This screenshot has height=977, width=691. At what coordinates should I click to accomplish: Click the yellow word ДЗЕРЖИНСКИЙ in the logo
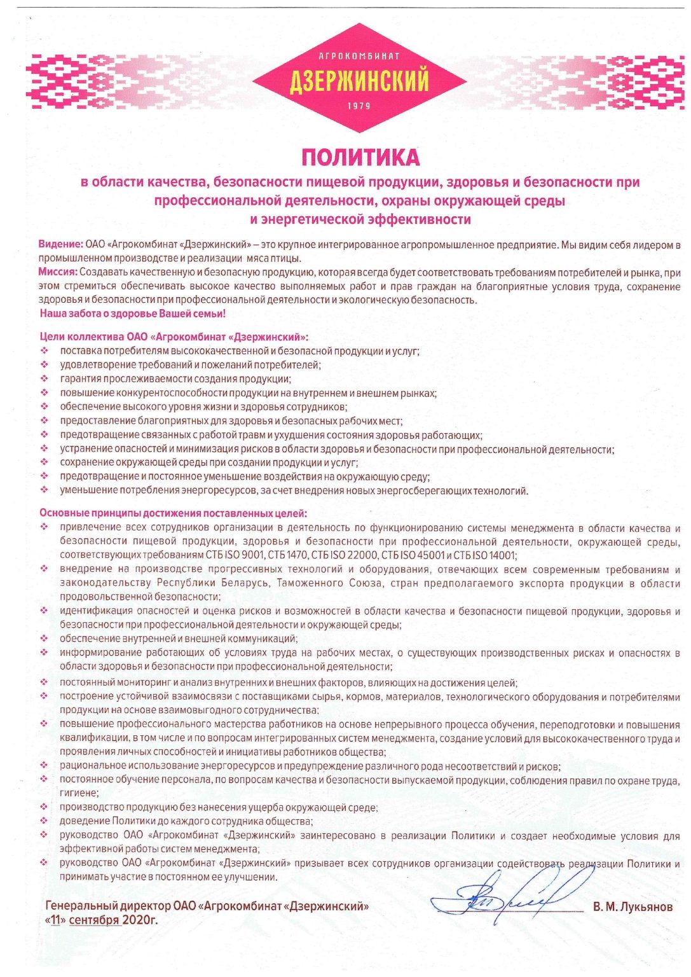359,81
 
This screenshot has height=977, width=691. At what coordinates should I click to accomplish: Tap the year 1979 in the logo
359,106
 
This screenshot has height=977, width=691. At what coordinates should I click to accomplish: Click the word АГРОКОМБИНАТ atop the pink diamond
359,56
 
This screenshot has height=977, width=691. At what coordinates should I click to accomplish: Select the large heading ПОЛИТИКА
360,156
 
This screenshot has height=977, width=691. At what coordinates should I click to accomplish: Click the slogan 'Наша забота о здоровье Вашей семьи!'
133,314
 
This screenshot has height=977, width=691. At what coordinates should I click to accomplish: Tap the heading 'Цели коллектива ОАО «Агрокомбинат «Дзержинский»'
174,336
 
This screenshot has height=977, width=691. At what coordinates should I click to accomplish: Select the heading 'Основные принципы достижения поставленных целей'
173,513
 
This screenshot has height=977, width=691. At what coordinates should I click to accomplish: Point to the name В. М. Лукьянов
633,907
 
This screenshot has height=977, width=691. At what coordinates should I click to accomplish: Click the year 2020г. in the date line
141,920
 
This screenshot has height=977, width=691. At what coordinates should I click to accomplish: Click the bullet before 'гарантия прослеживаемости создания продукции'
44,379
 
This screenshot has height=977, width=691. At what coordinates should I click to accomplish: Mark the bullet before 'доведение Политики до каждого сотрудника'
44,822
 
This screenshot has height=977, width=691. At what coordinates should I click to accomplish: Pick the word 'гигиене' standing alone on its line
79,793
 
